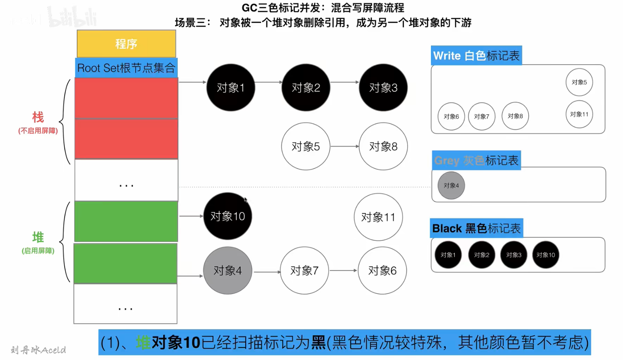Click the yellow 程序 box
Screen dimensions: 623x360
pos(126,44)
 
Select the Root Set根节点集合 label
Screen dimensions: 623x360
pos(126,68)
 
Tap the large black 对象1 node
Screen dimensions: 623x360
pos(231,87)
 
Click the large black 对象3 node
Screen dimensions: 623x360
pos(383,87)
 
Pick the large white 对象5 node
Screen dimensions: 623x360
pos(306,146)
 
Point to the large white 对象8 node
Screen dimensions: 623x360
pos(383,146)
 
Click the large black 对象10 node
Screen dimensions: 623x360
pos(227,216)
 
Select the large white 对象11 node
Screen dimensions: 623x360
pos(378,217)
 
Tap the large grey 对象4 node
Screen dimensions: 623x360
pos(227,271)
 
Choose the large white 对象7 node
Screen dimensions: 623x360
pos(304,271)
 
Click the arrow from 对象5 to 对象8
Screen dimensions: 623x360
pos(344,146)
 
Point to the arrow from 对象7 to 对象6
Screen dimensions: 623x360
pos(343,271)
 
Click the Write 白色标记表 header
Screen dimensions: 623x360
pos(476,56)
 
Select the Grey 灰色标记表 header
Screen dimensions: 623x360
pos(476,160)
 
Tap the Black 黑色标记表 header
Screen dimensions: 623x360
pos(476,228)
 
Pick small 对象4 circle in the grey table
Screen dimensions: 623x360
pos(451,185)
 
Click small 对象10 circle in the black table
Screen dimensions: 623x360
pos(546,255)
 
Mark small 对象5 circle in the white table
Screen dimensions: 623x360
pos(579,82)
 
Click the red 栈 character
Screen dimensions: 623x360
pos(38,117)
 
